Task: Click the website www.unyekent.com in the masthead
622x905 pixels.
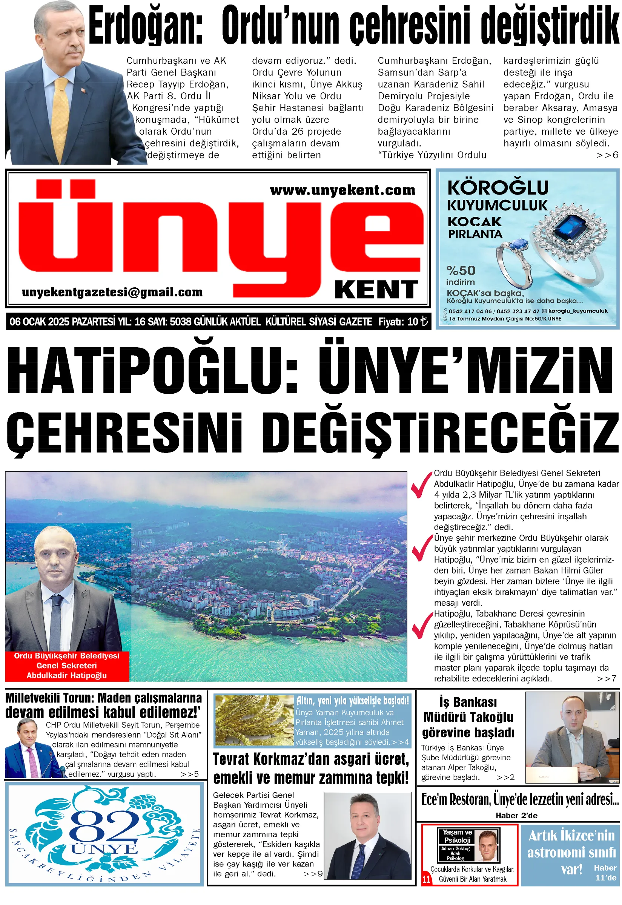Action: click(342, 190)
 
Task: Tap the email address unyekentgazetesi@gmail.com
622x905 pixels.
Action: click(112, 292)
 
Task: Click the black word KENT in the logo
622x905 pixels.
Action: click(376, 290)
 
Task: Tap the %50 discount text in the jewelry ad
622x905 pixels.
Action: click(461, 270)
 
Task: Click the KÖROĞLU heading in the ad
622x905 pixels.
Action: click(498, 188)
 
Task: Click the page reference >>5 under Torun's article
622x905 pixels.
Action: click(190, 774)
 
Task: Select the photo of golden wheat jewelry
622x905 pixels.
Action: click(254, 721)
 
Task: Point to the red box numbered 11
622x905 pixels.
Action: click(426, 880)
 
